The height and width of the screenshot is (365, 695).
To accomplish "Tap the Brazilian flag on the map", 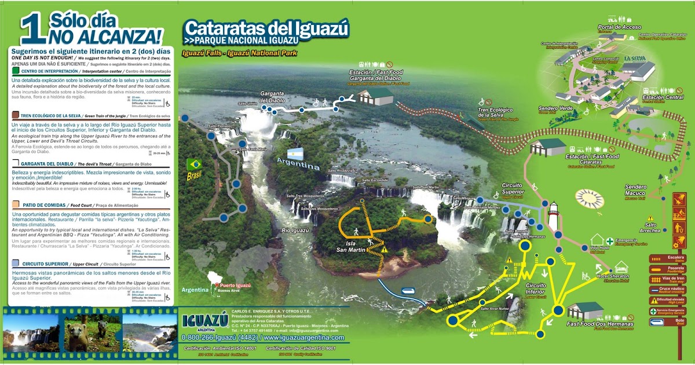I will click(193, 165).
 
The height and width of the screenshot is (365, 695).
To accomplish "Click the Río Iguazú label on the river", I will click(294, 231).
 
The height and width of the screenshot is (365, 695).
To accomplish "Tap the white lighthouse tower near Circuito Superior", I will click(553, 216).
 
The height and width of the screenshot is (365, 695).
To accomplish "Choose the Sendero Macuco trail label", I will click(640, 189).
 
